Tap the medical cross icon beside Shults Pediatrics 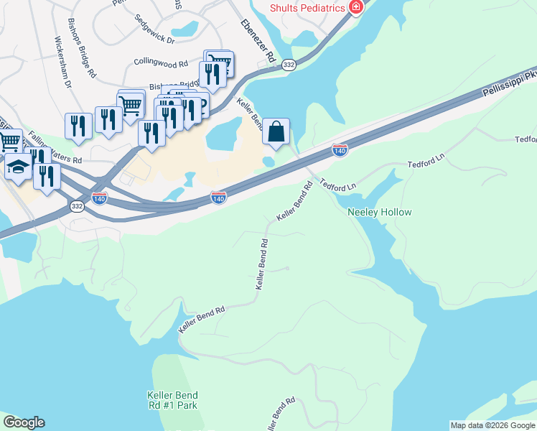click(x=354, y=7)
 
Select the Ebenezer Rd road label click(x=258, y=40)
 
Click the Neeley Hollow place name click(x=380, y=213)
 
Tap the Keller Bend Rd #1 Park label click(x=172, y=401)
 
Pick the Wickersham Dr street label click(x=62, y=62)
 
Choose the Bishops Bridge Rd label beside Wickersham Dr click(x=82, y=49)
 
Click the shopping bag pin click(x=276, y=131)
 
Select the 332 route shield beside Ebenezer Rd click(x=288, y=65)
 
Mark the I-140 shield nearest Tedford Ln click(x=340, y=150)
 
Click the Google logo click(x=24, y=422)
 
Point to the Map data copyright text click(x=492, y=425)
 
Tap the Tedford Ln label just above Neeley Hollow click(x=338, y=185)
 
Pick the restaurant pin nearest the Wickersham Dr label click(x=78, y=126)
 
